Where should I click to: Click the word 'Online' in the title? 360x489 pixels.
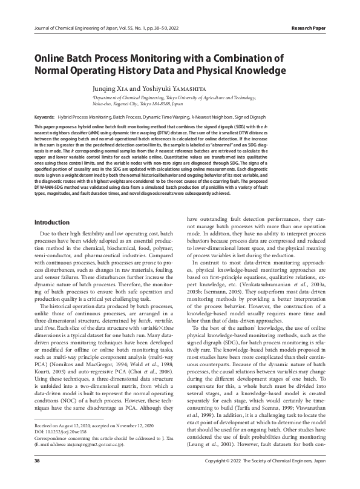[56, 59]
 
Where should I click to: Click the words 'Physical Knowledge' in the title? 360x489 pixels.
[224, 71]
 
